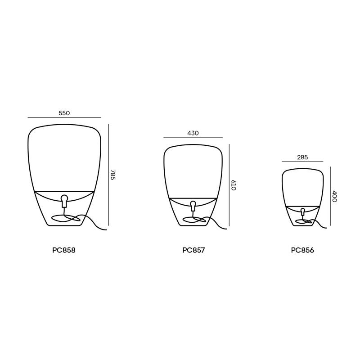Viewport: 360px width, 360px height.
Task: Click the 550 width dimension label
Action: tap(64, 113)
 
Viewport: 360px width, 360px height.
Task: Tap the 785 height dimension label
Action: tap(113, 175)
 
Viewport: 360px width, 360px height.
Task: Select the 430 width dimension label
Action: tap(193, 133)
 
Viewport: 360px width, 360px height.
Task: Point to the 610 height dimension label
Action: tap(233, 185)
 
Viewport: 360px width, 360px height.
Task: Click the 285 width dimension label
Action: tap(302, 157)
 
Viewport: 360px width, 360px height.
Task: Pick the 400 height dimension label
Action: tap(334, 196)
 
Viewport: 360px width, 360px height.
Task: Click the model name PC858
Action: tap(64, 250)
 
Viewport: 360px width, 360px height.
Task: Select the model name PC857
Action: tap(193, 250)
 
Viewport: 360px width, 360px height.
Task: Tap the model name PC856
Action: tap(302, 250)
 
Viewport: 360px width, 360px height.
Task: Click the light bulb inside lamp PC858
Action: tap(64, 201)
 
